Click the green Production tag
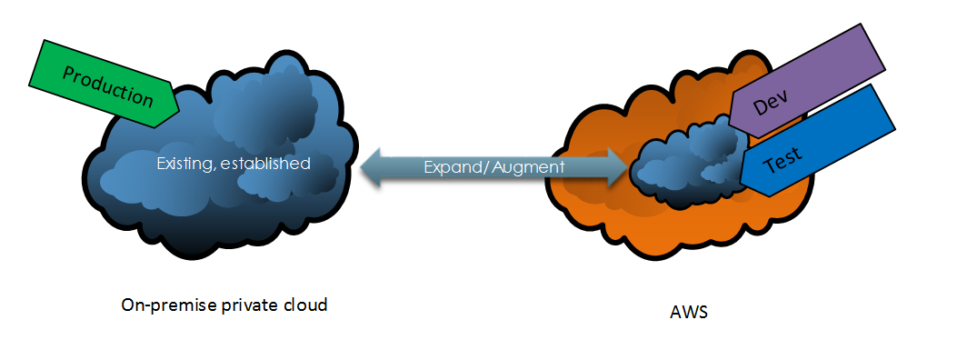pos(104,85)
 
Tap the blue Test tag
pos(817,140)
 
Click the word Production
pos(108,86)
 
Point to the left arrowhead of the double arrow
pos(371,166)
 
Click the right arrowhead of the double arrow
pos(616,166)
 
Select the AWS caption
pos(689,312)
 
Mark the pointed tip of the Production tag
pos(179,111)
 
